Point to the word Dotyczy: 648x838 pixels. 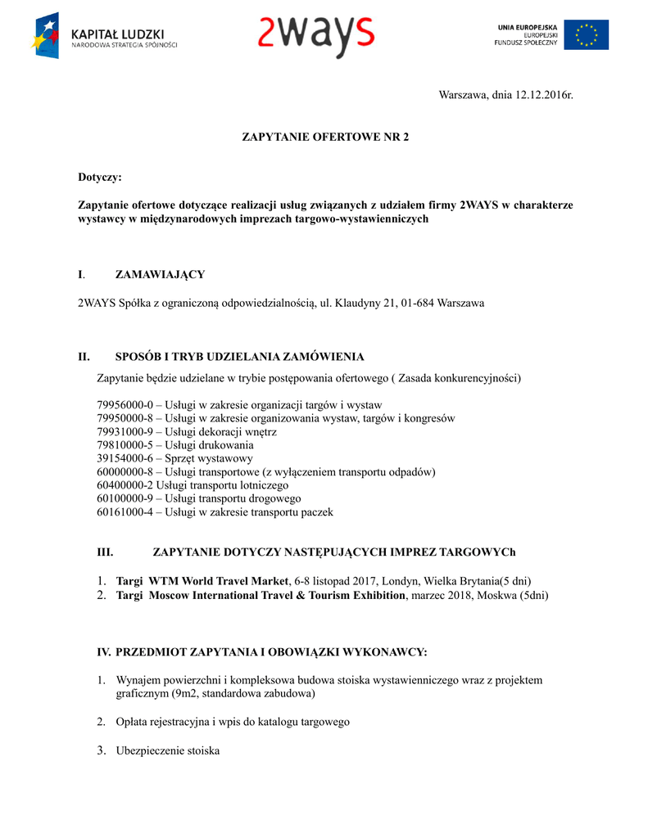(x=99, y=177)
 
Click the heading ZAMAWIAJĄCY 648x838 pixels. (x=160, y=274)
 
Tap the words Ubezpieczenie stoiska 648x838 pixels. (x=168, y=750)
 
